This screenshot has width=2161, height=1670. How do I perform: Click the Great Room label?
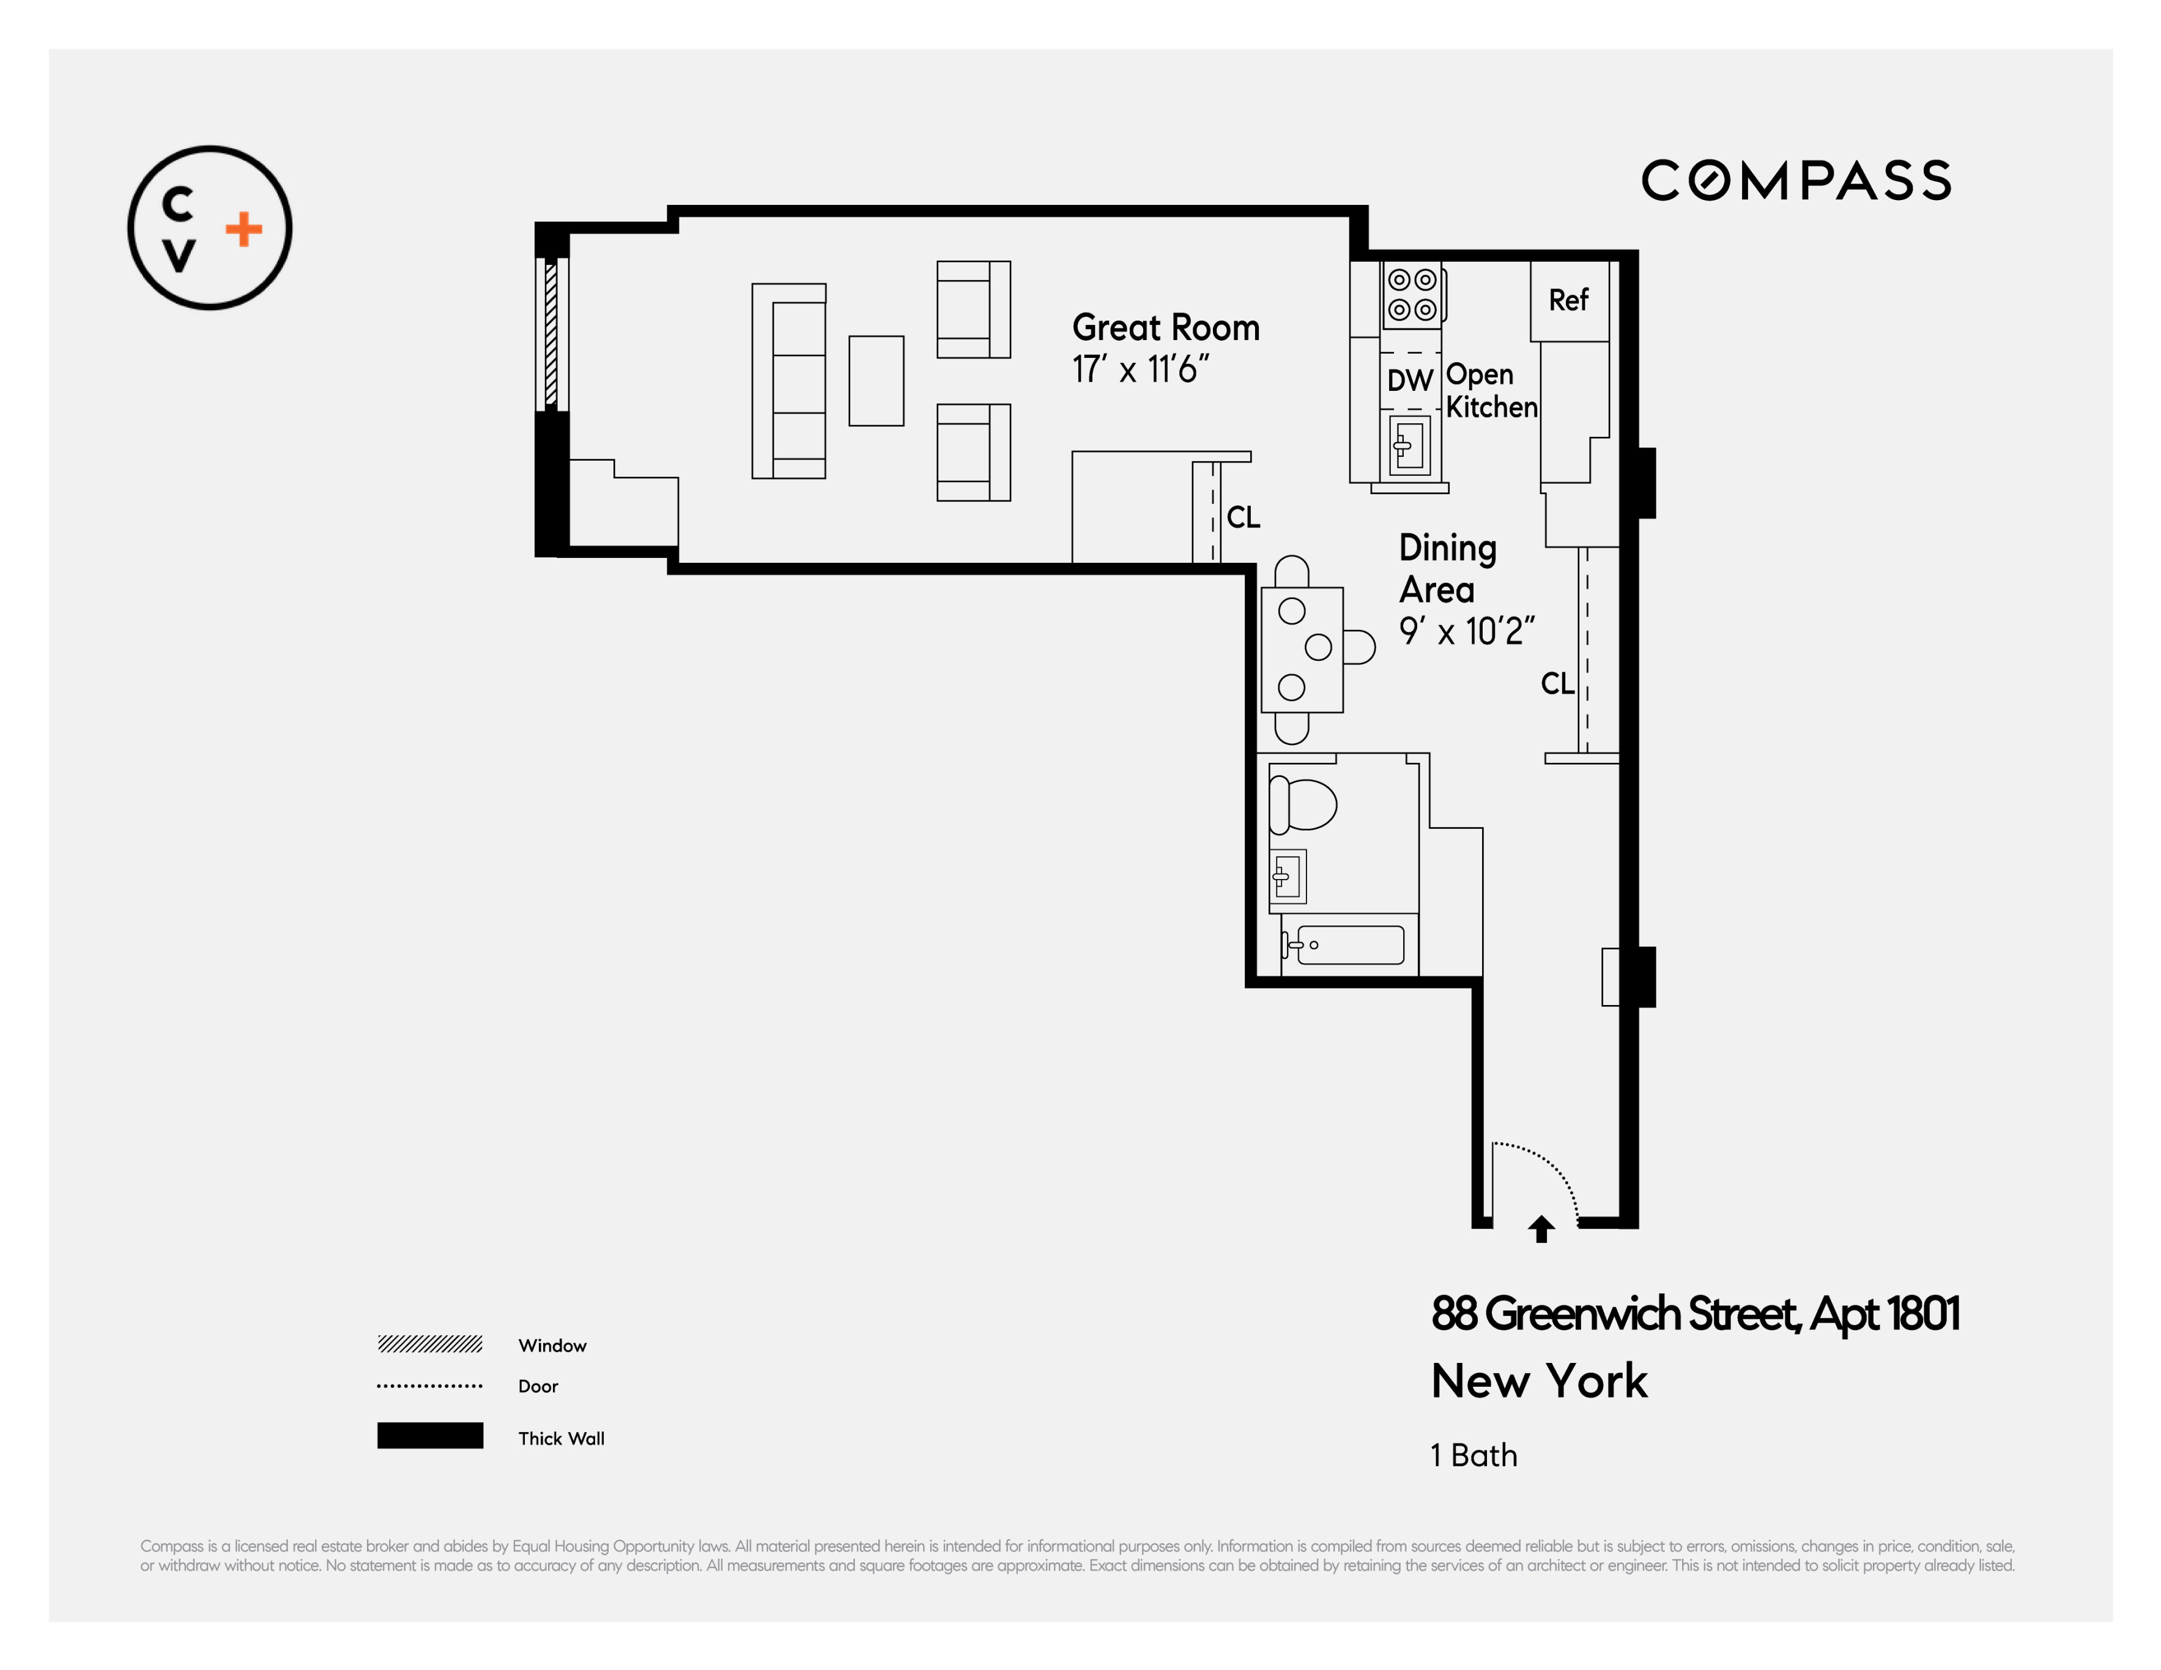[x=1166, y=327]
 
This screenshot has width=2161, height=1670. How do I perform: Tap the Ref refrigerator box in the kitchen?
[x=1568, y=300]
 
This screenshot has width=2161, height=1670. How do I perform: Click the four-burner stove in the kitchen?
[x=1412, y=295]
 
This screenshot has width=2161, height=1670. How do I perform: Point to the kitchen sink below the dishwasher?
[x=1410, y=446]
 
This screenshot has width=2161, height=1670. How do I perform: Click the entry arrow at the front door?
[x=1541, y=1229]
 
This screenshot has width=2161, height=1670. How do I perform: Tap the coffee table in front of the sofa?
[x=876, y=381]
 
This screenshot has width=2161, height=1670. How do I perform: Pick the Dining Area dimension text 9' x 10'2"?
[x=1466, y=631]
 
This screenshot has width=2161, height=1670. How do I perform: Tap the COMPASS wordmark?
[x=1796, y=181]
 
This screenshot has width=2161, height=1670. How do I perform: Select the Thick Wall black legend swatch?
[x=429, y=1436]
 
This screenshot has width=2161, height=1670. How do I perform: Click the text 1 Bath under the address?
[x=1473, y=1455]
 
